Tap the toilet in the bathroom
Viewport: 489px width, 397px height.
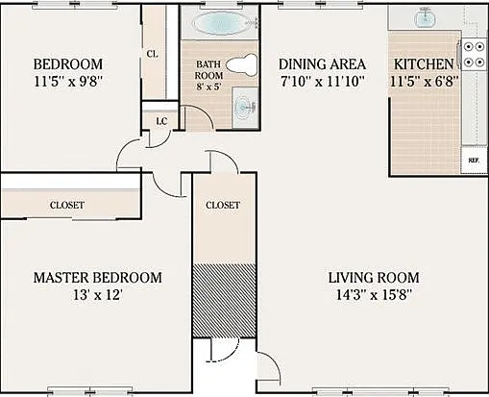tap(242, 64)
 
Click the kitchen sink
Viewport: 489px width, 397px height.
tap(425, 17)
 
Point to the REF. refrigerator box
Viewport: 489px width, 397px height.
tap(474, 161)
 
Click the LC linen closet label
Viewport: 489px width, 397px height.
tap(161, 121)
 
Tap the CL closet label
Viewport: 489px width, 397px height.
tap(153, 54)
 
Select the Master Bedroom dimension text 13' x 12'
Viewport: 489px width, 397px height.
tap(98, 295)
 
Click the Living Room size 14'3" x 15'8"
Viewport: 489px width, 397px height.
tap(374, 294)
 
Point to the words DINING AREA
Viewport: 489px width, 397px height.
tap(322, 64)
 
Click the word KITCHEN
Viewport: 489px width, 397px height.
tap(424, 64)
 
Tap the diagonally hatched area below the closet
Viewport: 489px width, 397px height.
tap(224, 300)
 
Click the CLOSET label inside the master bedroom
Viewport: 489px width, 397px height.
tap(67, 205)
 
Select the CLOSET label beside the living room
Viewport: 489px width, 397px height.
tap(223, 205)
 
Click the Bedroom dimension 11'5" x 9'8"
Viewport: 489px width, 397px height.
tap(68, 82)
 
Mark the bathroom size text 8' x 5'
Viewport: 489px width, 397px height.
tap(208, 87)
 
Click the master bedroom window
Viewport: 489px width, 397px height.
tap(90, 390)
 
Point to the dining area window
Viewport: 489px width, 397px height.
tap(320, 4)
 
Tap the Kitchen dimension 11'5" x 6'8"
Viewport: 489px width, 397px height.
tap(425, 82)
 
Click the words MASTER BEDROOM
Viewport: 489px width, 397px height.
tap(98, 278)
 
